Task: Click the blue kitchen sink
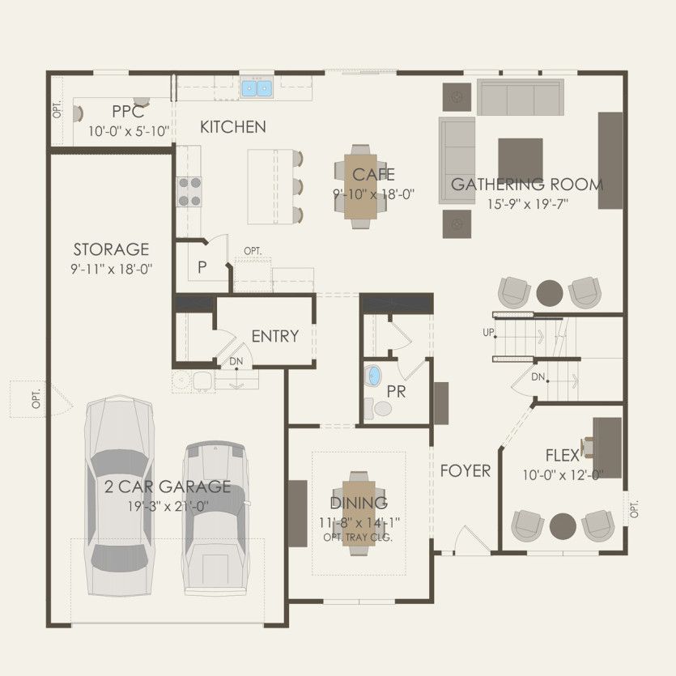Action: pos(257,87)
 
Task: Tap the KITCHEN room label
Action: pos(233,127)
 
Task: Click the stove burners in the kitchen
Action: pos(189,191)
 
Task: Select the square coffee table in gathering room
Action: pos(520,158)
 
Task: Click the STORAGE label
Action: pos(111,249)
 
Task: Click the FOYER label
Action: pos(465,470)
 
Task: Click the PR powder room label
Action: pos(397,392)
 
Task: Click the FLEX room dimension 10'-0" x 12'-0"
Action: pos(562,475)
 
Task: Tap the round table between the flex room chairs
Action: pos(563,525)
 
